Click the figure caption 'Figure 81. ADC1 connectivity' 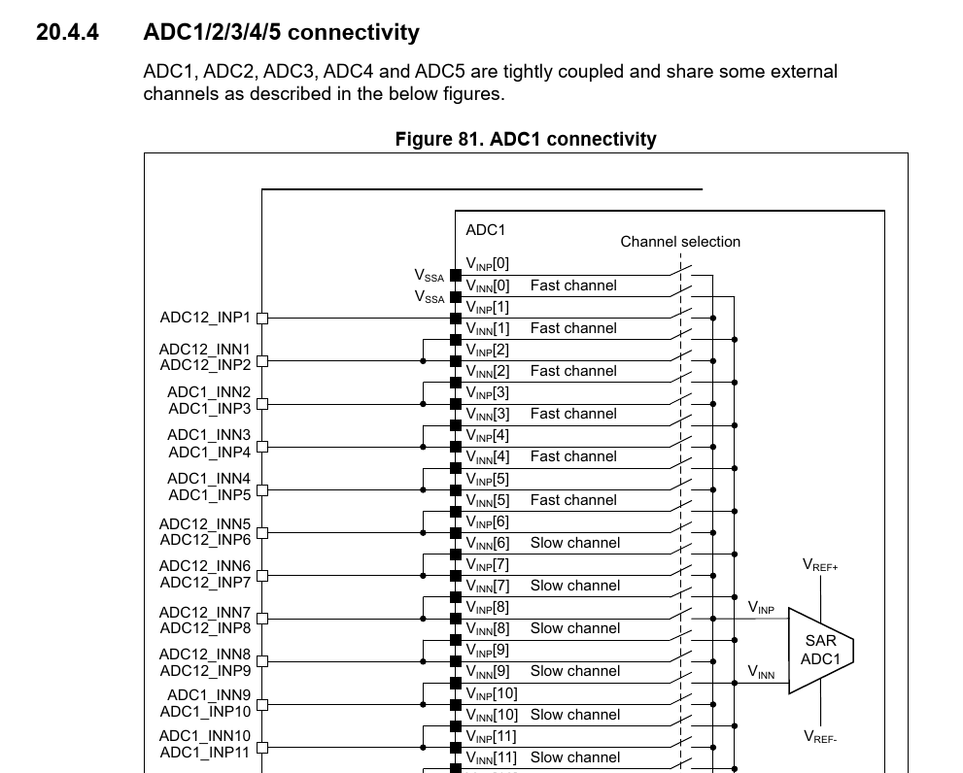[525, 139]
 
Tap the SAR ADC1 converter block [819, 650]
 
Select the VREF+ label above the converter [820, 565]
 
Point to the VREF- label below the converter [820, 737]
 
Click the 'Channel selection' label [680, 242]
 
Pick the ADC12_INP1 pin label [205, 318]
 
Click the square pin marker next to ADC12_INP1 [261, 318]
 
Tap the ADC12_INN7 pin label [205, 613]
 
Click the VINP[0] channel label [487, 263]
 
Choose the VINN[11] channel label [491, 757]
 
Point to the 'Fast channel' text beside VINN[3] [573, 414]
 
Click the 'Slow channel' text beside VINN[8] [574, 628]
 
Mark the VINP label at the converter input [761, 608]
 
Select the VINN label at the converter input [761, 672]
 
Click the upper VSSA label [430, 277]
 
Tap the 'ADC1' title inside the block [486, 230]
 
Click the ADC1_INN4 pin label [209, 479]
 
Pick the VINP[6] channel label [487, 521]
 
